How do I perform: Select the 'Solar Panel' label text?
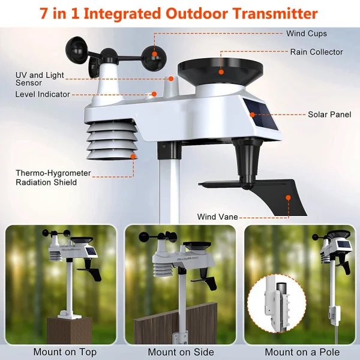click(329, 114)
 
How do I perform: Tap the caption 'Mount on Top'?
click(64, 352)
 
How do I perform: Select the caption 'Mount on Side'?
click(179, 352)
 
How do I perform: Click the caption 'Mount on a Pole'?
click(302, 352)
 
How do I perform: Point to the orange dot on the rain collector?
click(221, 71)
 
